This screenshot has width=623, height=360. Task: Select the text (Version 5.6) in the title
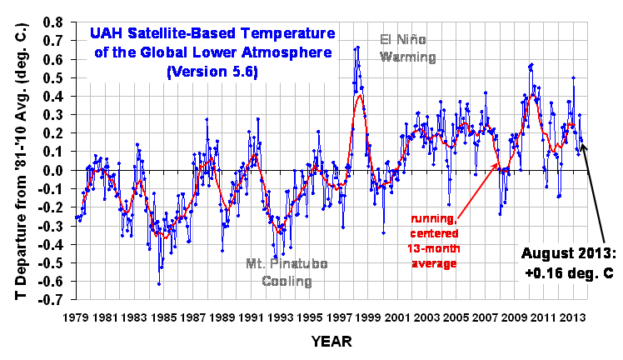212,72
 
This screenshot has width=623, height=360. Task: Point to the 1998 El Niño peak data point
357,47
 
